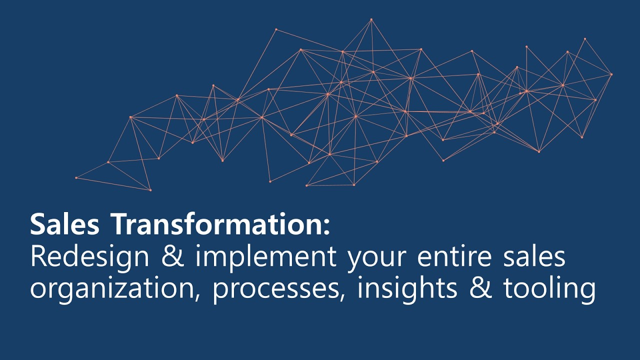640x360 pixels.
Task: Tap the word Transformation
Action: point(215,224)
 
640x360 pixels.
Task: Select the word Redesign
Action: point(90,257)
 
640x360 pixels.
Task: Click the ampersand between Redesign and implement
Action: point(171,257)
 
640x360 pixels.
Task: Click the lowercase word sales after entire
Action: point(539,257)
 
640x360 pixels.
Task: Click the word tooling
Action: point(549,289)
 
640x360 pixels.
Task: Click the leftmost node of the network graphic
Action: point(76,177)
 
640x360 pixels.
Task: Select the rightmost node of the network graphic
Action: point(611,74)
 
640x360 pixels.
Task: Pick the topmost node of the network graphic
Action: point(371,19)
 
